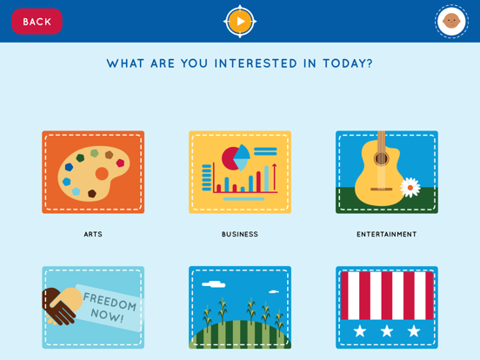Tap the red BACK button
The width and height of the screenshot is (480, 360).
pyautogui.click(x=37, y=22)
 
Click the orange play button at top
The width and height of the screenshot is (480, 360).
pyautogui.click(x=240, y=21)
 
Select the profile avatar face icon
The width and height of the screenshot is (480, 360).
pyautogui.click(x=451, y=21)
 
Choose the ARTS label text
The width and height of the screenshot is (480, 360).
pyautogui.click(x=93, y=234)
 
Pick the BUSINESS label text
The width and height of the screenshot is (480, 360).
pyautogui.click(x=240, y=234)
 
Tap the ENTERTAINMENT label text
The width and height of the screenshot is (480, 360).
pyautogui.click(x=387, y=234)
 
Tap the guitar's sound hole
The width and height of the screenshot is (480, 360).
pyautogui.click(x=381, y=159)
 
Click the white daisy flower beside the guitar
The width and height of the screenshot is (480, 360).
pyautogui.click(x=410, y=186)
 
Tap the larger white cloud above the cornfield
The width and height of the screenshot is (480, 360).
pyautogui.click(x=213, y=284)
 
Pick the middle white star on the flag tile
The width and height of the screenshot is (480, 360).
pyautogui.click(x=387, y=331)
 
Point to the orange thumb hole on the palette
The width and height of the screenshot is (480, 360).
pyautogui.click(x=102, y=174)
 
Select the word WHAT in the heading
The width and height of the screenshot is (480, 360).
pyautogui.click(x=123, y=63)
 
